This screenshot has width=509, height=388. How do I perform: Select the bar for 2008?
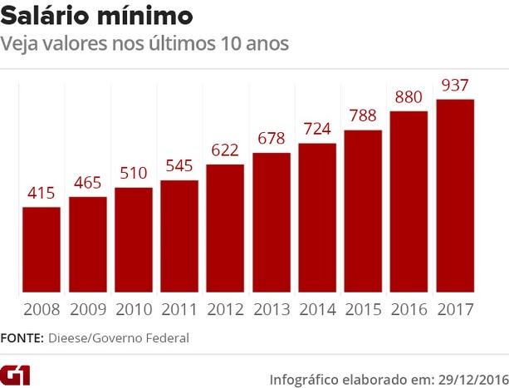41,250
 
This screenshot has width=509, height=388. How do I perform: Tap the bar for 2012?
225,229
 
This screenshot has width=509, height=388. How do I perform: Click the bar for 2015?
363,212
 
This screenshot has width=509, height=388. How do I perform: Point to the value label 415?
41,194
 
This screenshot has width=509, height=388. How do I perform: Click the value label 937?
455,86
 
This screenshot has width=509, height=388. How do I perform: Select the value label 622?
225,151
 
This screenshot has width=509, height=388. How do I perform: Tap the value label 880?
409,97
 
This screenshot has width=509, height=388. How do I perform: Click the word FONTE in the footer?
22,338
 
